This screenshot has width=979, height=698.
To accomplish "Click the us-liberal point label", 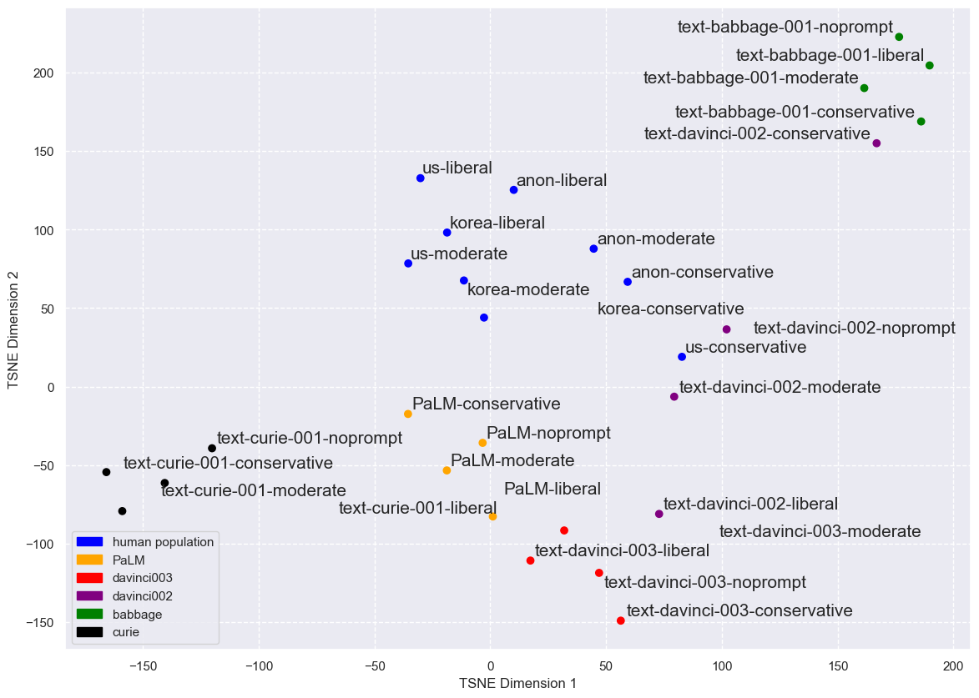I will pos(457,168).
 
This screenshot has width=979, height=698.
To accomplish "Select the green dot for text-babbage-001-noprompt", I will pos(899,37).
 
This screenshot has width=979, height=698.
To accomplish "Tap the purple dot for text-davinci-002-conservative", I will pos(876,143).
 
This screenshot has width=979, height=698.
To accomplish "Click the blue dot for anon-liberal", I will pos(513,190).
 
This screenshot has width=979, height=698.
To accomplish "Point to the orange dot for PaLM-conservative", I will pos(408,414).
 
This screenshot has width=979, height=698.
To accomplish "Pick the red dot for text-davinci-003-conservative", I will pos(620,620).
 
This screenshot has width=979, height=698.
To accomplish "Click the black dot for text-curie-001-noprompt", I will pos(212,449).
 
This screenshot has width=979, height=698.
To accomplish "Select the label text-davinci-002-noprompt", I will pos(854,328).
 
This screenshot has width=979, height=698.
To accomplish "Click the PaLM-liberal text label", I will pos(553,489).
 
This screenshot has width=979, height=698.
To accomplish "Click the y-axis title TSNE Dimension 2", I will pos(13,329).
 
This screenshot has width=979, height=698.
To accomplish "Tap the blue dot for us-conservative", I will pos(682,357).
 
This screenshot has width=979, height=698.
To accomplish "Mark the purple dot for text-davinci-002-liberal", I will pos(659,514).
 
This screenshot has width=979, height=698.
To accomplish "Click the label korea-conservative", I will pos(670,309).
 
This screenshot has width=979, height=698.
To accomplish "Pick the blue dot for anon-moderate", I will pos(593,249).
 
